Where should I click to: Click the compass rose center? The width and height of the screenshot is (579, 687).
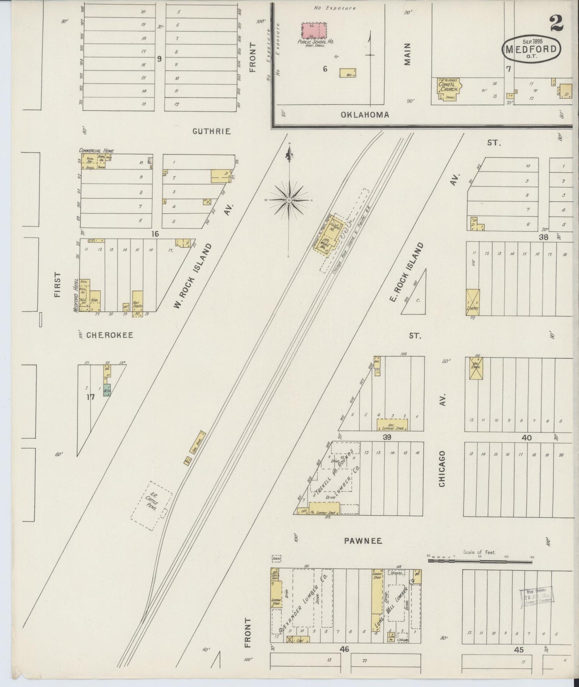289,200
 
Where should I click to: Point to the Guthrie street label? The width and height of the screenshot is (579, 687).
211,131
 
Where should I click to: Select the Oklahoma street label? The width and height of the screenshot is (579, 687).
365,115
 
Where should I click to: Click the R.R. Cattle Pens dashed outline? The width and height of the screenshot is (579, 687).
151,505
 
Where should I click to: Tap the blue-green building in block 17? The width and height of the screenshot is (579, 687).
107,390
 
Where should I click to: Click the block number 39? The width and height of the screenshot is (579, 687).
387,437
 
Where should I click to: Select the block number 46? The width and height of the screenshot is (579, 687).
345,649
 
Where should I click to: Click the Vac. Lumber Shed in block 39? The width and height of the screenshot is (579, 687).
392,425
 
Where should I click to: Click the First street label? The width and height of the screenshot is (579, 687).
58,285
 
